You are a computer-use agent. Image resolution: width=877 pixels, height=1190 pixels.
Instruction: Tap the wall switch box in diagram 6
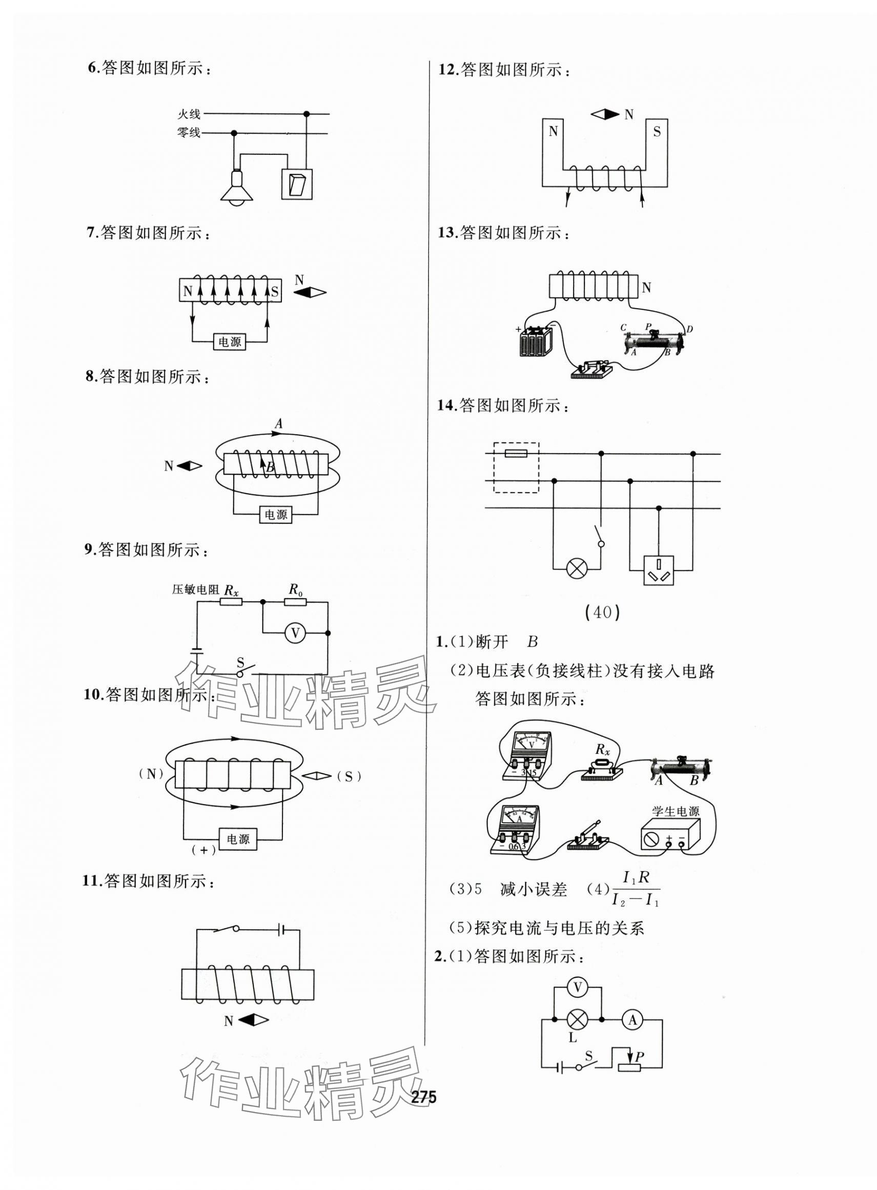(296, 183)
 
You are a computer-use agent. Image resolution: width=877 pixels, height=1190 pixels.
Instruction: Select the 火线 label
(189, 114)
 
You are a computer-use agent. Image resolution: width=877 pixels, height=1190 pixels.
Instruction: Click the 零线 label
(189, 133)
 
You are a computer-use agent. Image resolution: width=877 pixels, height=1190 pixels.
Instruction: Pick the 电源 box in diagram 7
(229, 342)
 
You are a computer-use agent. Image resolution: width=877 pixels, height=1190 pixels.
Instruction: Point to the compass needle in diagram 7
(310, 293)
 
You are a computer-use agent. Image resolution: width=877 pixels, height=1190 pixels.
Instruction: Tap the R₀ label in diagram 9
(296, 589)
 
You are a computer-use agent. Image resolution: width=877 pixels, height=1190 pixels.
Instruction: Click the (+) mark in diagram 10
(204, 850)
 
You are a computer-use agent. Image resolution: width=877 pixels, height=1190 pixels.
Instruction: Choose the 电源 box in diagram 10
(238, 839)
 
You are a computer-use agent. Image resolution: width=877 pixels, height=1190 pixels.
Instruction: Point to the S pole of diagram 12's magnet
(657, 132)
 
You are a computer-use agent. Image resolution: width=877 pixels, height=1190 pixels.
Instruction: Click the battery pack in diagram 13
(535, 341)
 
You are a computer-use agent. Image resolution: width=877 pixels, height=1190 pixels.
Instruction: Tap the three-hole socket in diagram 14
(658, 570)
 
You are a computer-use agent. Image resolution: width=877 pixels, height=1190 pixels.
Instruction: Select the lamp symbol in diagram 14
(577, 569)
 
